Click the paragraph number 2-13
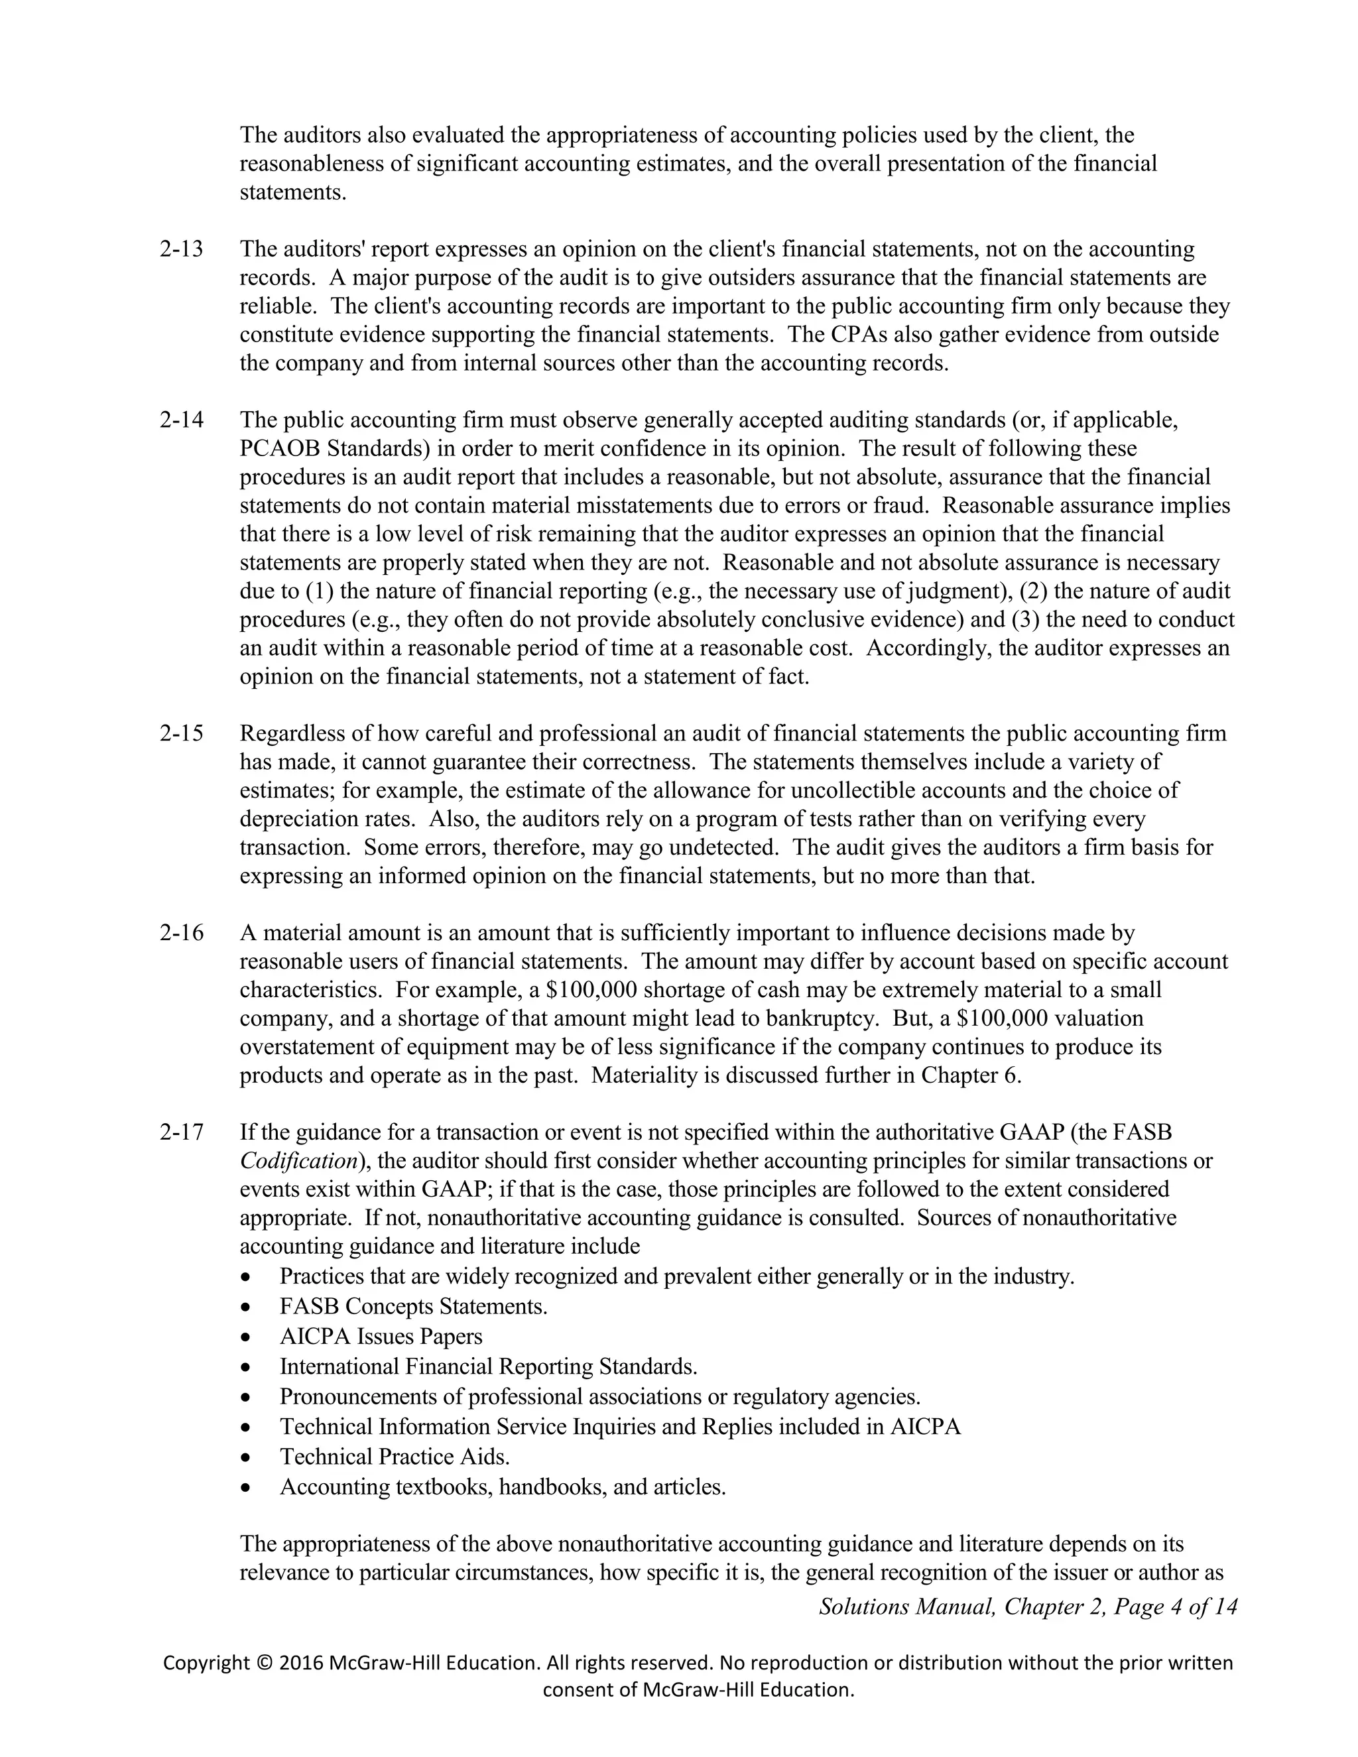(x=181, y=249)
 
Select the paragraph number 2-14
(x=181, y=420)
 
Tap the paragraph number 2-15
(x=181, y=734)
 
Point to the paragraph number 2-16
(x=181, y=934)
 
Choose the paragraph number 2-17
(x=181, y=1132)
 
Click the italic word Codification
(x=298, y=1162)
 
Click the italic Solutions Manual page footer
(x=1027, y=1606)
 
